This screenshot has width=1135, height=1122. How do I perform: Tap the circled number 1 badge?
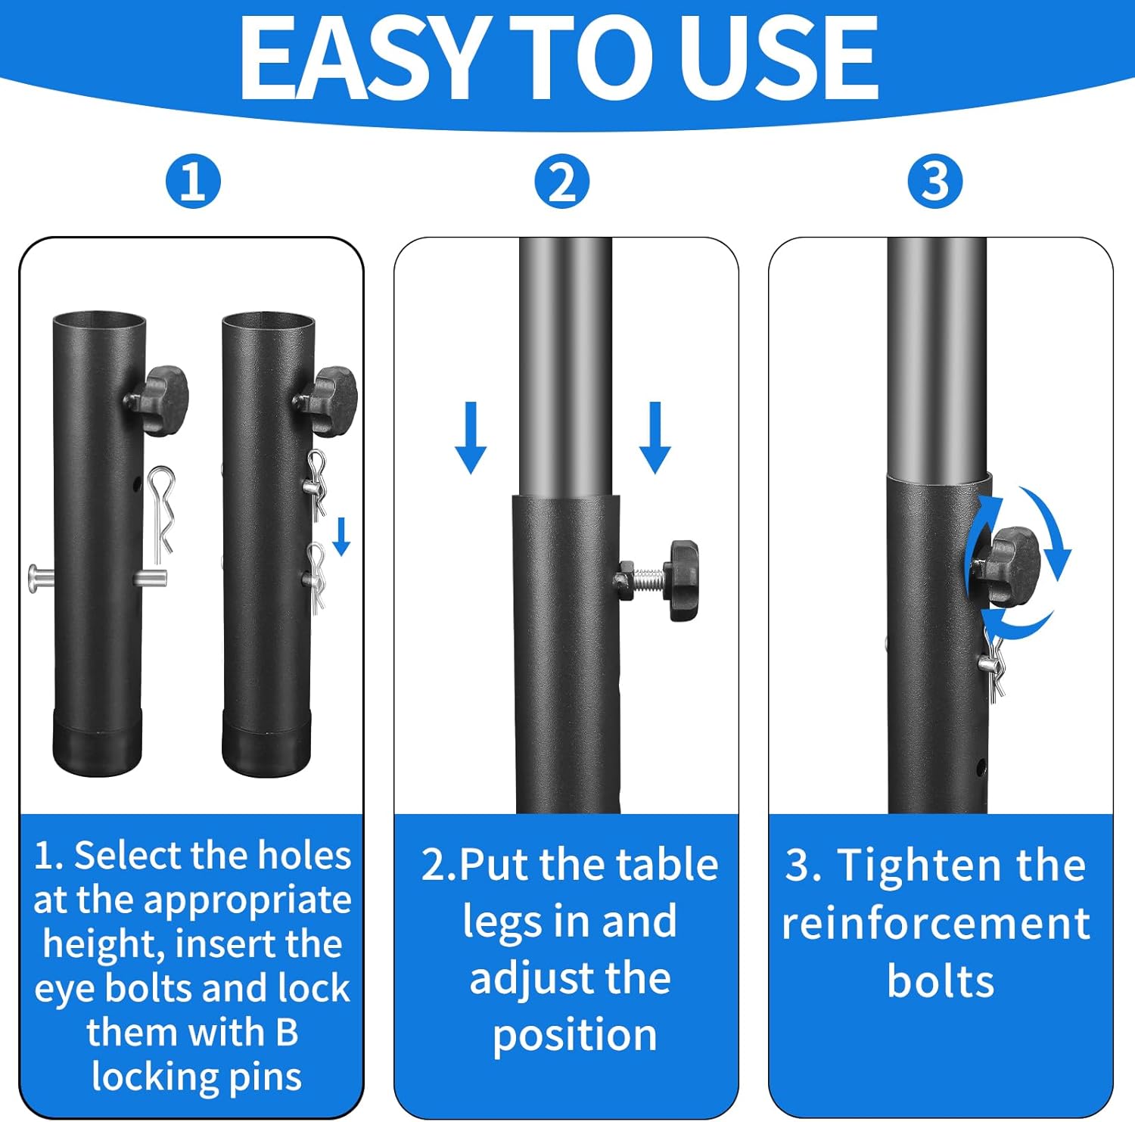click(x=193, y=182)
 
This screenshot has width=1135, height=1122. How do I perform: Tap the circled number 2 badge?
click(x=561, y=182)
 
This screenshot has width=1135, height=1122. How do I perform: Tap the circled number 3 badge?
click(x=935, y=182)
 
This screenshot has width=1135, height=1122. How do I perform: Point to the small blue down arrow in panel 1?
click(x=342, y=536)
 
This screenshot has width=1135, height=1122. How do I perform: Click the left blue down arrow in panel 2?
click(x=471, y=437)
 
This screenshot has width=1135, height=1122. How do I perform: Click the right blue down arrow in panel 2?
click(x=655, y=437)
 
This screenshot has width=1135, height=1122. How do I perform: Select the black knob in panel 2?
click(x=683, y=580)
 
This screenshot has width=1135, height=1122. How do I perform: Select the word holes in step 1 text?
click(x=304, y=856)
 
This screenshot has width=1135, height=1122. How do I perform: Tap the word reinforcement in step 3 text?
click(x=936, y=923)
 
